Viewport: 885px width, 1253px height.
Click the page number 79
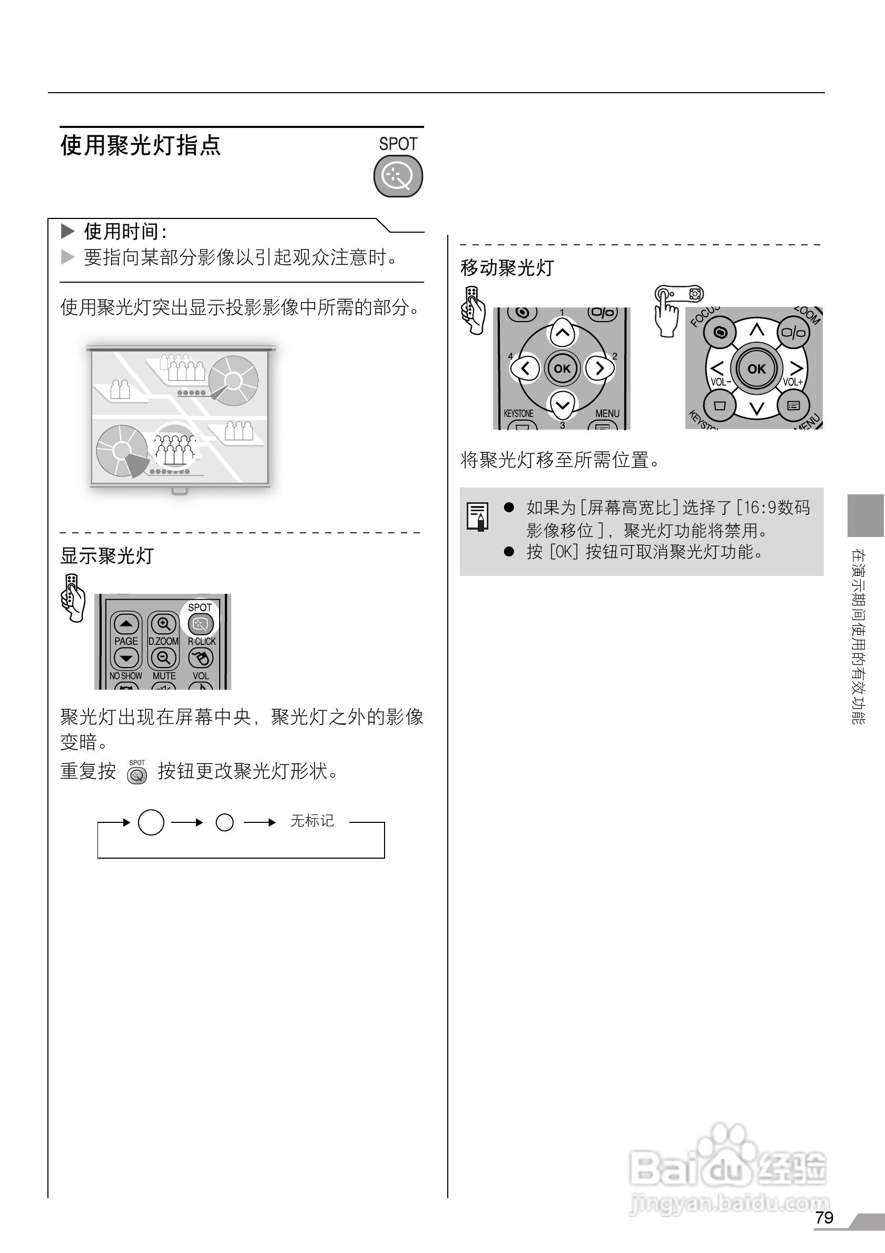coord(824,1218)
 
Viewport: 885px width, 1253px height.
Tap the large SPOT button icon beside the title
coord(398,176)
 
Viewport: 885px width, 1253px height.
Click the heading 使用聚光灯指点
coord(141,146)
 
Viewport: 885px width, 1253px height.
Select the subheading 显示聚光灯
coord(107,556)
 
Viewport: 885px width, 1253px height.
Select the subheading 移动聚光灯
coord(507,268)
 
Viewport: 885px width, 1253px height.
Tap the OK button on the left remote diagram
coord(562,369)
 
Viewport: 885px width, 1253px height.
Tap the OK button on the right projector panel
coord(756,369)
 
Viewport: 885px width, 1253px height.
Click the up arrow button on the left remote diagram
coord(562,332)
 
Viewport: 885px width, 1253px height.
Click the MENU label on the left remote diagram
coord(607,414)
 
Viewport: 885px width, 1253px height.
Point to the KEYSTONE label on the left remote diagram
coord(518,414)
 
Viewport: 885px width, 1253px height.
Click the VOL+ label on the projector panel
coord(793,382)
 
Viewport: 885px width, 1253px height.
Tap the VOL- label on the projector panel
coord(720,382)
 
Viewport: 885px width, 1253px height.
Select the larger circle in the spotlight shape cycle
coord(151,822)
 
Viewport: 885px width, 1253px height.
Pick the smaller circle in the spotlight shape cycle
coord(225,822)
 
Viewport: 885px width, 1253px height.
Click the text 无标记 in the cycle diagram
coord(312,821)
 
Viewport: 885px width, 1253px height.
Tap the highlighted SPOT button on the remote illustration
coord(200,624)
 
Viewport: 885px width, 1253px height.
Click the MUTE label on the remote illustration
coord(164,675)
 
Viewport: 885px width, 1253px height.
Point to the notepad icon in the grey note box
coord(477,516)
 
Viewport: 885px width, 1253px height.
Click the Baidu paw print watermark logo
coord(726,1151)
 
